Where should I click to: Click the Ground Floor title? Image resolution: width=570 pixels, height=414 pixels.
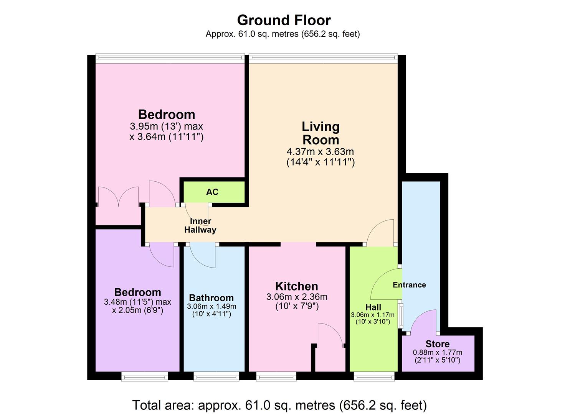click(x=284, y=20)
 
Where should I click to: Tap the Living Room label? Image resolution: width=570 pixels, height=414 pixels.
click(x=321, y=133)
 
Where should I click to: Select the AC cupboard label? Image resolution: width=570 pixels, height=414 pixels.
click(x=212, y=192)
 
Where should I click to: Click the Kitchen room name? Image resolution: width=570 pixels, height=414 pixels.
click(x=297, y=286)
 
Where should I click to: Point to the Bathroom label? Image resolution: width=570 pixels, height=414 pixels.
click(x=211, y=298)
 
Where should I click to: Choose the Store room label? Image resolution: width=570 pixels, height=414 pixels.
click(x=437, y=344)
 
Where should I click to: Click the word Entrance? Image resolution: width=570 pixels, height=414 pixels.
click(x=409, y=285)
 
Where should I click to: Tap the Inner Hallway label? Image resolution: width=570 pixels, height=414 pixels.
click(x=200, y=226)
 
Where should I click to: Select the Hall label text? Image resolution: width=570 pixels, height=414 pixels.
click(x=373, y=307)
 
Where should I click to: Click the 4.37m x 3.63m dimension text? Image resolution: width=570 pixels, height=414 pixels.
click(x=320, y=151)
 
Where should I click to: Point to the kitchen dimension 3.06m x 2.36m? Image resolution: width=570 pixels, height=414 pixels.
click(x=297, y=297)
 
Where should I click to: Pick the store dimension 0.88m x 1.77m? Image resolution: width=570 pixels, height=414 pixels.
click(x=437, y=352)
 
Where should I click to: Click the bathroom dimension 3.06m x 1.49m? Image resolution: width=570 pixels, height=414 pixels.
click(x=211, y=306)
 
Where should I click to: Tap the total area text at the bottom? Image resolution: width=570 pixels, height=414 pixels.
click(x=279, y=405)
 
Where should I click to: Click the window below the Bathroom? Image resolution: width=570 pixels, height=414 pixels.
click(x=216, y=377)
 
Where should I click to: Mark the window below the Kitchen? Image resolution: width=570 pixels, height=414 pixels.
click(x=276, y=377)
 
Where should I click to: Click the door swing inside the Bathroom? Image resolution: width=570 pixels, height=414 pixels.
click(x=202, y=256)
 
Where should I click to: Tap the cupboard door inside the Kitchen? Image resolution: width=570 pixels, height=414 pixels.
click(x=330, y=336)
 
